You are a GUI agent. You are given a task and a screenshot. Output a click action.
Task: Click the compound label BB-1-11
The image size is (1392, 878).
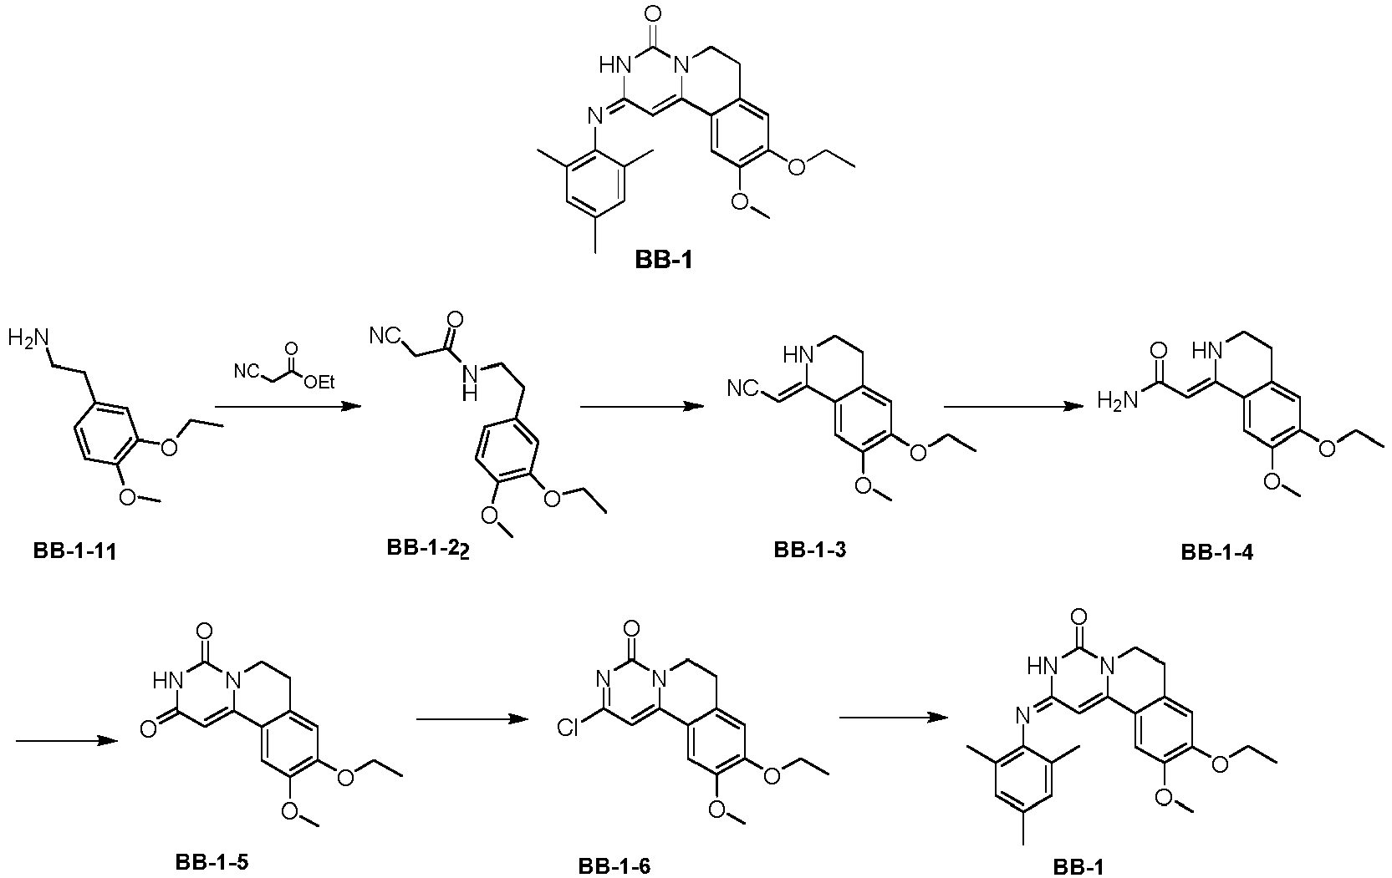tap(75, 552)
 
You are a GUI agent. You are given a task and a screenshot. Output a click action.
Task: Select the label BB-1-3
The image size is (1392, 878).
tap(810, 551)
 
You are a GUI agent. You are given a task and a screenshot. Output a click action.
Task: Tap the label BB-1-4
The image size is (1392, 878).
tap(1217, 553)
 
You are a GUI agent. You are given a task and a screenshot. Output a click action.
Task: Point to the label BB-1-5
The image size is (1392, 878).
tap(212, 862)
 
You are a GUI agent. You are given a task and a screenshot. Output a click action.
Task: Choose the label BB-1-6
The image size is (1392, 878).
tap(614, 866)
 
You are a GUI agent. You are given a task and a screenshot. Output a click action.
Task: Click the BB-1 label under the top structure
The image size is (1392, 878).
tap(664, 260)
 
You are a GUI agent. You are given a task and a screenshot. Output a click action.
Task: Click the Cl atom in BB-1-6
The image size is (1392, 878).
tap(568, 728)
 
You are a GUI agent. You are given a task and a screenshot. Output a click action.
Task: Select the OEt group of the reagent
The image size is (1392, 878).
tap(319, 383)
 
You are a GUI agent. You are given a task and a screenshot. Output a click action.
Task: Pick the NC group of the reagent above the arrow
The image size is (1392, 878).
tap(246, 373)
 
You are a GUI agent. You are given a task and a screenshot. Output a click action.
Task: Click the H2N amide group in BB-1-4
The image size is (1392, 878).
tap(1118, 400)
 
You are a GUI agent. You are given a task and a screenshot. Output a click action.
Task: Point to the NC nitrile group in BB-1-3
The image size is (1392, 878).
tap(743, 389)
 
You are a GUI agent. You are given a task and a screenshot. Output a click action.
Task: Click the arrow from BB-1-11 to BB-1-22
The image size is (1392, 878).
tap(288, 406)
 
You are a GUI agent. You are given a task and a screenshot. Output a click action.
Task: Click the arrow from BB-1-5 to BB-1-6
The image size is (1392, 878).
tap(472, 718)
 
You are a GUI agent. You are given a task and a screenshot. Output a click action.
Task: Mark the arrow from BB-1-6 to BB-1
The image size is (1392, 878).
tap(895, 718)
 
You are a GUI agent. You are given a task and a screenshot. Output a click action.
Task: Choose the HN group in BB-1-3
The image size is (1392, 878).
tap(798, 355)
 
